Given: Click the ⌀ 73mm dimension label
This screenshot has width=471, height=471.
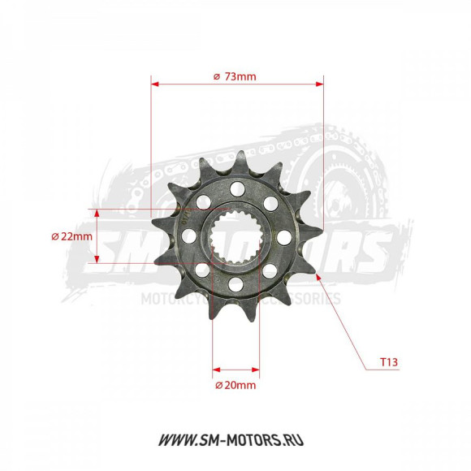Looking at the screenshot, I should tap(235, 76).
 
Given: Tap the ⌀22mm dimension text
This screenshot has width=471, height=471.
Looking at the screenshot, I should tap(71, 236).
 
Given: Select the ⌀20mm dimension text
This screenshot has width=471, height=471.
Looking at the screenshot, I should tap(235, 385).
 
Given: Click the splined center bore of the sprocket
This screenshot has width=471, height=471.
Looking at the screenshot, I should tap(235, 237).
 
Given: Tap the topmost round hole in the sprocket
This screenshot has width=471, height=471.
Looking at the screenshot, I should tap(236, 189).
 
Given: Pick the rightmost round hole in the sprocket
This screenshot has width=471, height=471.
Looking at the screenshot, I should tap(283, 237).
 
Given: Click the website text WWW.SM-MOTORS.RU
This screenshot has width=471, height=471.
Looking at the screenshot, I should tap(235, 441).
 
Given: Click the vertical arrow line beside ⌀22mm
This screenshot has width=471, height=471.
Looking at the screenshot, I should tap(97, 236).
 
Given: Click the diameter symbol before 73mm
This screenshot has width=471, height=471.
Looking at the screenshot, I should tap(216, 76).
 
